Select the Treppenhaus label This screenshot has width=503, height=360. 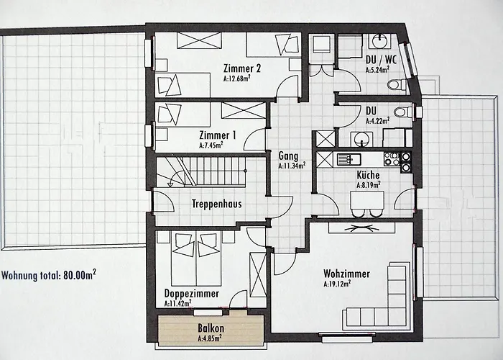(216, 204)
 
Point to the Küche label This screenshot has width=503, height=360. (368, 175)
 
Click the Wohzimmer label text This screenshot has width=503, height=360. (346, 274)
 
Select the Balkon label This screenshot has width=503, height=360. (209, 328)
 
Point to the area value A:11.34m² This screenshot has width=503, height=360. (292, 166)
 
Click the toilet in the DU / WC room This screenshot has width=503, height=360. (396, 85)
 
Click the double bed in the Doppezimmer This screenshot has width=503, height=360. (195, 259)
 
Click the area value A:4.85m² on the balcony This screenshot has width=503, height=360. (209, 337)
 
